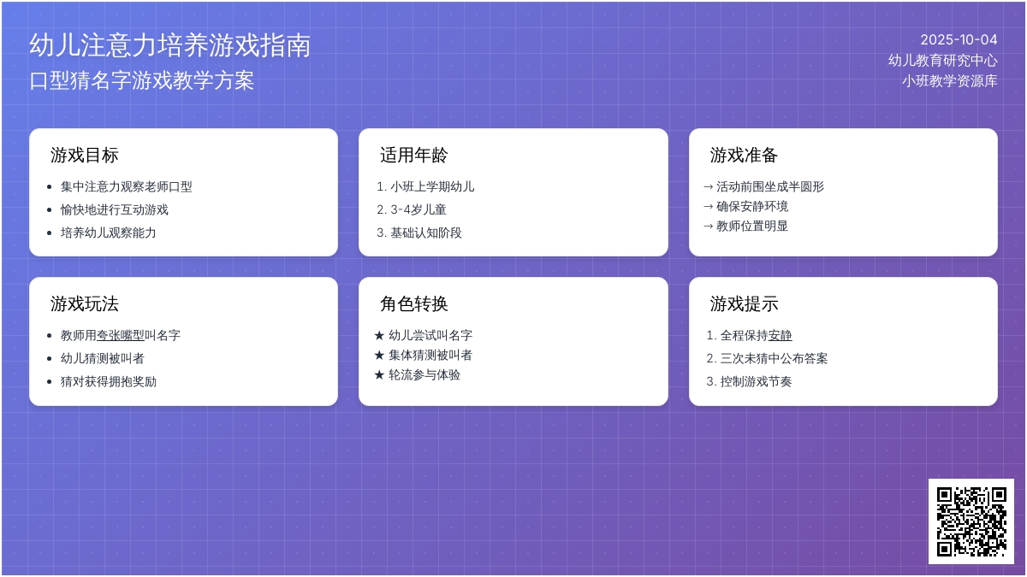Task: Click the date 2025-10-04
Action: point(959,40)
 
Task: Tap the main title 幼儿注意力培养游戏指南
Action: point(170,45)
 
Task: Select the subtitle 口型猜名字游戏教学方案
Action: point(142,80)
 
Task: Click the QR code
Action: point(971,521)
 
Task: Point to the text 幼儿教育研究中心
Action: point(942,61)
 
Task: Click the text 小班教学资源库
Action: point(949,81)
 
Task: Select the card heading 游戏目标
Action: point(85,156)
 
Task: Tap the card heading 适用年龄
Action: point(414,156)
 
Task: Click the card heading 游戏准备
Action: point(744,156)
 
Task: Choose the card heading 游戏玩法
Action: point(85,304)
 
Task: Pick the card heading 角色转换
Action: point(414,304)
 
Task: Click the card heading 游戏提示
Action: point(744,304)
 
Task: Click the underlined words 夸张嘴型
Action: point(121,335)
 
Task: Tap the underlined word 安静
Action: point(780,335)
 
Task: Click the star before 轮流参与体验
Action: point(379,375)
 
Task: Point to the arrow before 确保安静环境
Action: point(709,207)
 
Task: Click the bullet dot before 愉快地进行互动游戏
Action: point(50,210)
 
